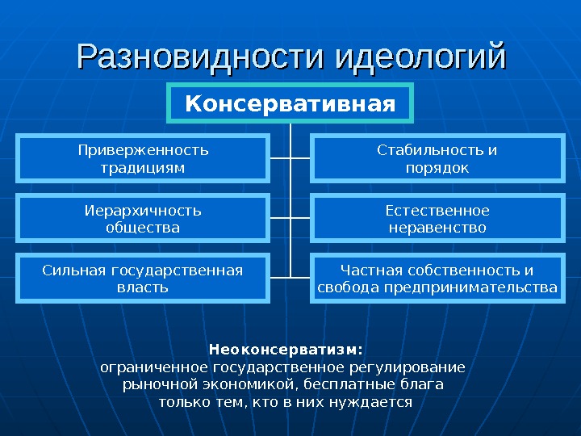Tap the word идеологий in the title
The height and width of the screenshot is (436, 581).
coord(420,57)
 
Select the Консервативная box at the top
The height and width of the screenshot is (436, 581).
coord(290,103)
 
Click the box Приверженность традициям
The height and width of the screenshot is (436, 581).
coord(143,159)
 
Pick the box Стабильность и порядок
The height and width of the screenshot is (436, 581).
coord(437,159)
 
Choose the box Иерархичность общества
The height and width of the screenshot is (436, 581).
coord(143,219)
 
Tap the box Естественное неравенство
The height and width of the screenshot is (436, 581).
coord(437,219)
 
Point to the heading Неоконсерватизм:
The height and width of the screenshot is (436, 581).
coord(286,350)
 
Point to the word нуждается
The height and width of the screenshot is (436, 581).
coord(379,401)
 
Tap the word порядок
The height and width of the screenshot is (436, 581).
coord(437,168)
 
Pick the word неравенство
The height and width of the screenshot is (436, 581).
coord(437,228)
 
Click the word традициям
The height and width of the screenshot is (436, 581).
coord(143,168)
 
